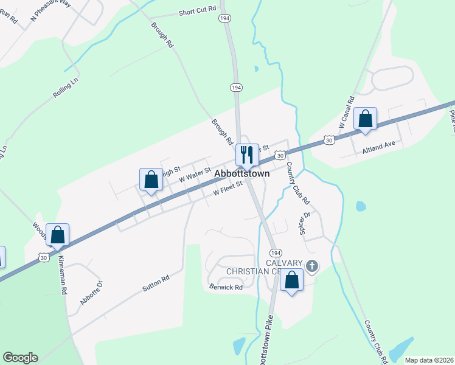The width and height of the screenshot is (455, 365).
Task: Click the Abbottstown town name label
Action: pyautogui.click(x=241, y=173)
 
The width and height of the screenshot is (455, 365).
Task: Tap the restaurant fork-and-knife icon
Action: pyautogui.click(x=246, y=154)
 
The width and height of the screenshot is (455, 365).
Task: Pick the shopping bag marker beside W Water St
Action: pyautogui.click(x=151, y=179)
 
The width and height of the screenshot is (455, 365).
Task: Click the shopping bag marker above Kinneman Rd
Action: pyautogui.click(x=57, y=234)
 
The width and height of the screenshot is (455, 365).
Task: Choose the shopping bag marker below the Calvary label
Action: pyautogui.click(x=292, y=280)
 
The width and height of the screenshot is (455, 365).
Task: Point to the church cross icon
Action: pyautogui.click(x=312, y=265)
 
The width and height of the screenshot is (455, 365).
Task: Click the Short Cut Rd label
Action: pyautogui.click(x=198, y=12)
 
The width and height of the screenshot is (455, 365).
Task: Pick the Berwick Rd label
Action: pyautogui.click(x=226, y=287)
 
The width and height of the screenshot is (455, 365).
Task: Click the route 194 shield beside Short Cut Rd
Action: pyautogui.click(x=225, y=20)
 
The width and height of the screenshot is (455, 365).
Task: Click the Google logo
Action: pyautogui.click(x=20, y=358)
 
